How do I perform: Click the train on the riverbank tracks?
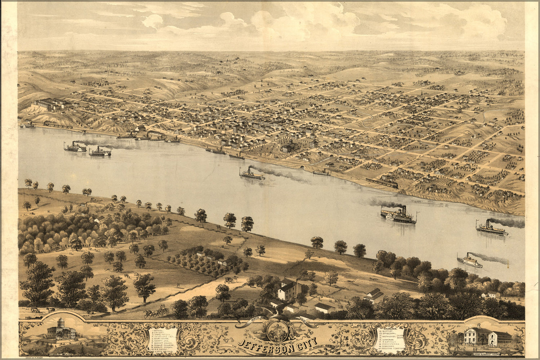click(x=382, y=183)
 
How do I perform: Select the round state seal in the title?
click(x=278, y=330)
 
